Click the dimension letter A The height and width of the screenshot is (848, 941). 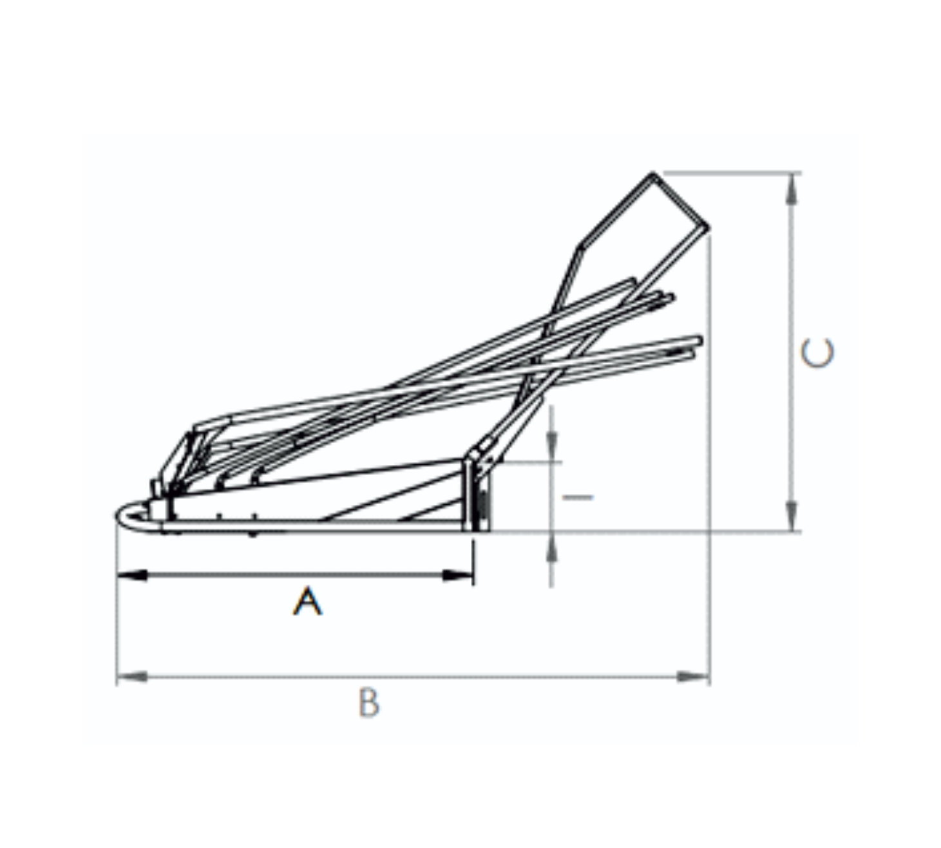coord(308,602)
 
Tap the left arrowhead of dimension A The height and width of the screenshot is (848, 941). coord(132,575)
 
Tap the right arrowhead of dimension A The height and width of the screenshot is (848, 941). coord(458,575)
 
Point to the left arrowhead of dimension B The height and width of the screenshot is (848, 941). coord(132,676)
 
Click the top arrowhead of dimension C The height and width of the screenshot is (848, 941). coord(792,189)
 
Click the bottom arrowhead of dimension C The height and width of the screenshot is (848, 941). coord(792,516)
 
